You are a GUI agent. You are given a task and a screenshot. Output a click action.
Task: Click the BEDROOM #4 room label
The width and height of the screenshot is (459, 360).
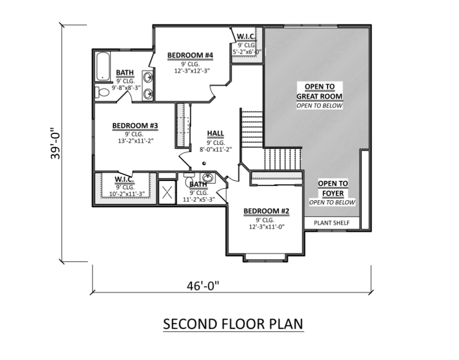[x=190, y=55]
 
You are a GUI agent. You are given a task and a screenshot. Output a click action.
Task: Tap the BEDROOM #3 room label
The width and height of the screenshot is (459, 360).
[x=135, y=126]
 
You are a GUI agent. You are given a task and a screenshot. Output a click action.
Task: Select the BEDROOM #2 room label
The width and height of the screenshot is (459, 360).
[x=266, y=211]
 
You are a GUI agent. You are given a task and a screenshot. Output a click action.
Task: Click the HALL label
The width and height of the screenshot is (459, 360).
[x=216, y=133]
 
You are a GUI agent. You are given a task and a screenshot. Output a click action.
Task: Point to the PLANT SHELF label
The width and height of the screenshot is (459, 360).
[x=332, y=223]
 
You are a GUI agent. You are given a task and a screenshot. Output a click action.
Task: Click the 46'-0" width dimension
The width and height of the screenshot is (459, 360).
[x=203, y=286]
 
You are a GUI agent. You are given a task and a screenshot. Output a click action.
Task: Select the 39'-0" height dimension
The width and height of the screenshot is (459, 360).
[x=55, y=143]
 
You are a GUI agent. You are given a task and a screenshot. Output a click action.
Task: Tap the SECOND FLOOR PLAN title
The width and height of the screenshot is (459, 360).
[x=233, y=324]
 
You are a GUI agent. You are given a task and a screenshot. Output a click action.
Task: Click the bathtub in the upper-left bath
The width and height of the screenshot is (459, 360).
[x=103, y=66]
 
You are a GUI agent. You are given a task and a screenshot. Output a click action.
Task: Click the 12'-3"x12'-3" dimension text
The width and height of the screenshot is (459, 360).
[x=192, y=70]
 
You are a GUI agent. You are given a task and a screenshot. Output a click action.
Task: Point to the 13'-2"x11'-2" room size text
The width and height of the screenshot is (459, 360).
[x=136, y=141]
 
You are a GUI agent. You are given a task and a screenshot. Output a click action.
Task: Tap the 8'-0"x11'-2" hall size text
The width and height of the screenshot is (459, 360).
[x=216, y=149]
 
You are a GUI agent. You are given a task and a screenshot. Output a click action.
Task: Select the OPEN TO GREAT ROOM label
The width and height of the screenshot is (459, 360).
[x=319, y=92]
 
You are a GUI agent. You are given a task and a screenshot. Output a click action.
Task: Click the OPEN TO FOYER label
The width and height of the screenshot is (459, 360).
[x=333, y=188]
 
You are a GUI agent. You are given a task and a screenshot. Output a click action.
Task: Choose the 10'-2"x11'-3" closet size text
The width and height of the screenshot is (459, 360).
[x=127, y=194]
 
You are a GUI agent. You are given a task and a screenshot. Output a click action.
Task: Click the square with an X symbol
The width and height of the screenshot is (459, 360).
[x=167, y=192]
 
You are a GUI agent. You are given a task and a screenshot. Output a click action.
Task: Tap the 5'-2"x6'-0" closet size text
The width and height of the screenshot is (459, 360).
[x=247, y=52]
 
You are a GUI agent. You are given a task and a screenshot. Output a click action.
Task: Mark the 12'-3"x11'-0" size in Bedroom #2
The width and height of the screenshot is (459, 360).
[x=267, y=227]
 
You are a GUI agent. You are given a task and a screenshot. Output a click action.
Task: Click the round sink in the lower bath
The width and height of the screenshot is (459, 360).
[x=208, y=177]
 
